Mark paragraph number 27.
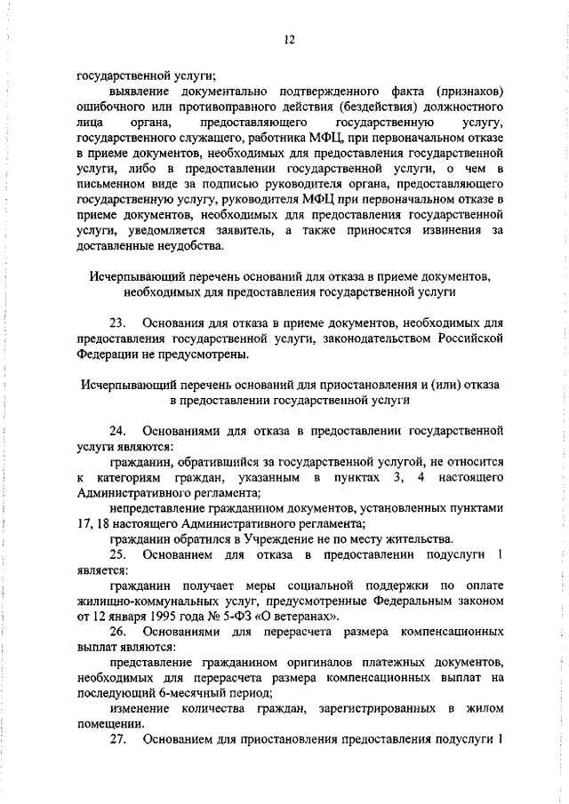119,739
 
